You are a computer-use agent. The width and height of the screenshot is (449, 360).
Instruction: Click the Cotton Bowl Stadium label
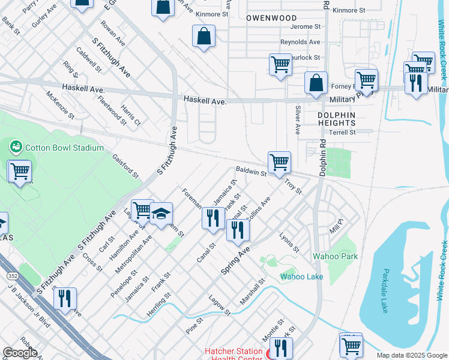(x=64, y=148)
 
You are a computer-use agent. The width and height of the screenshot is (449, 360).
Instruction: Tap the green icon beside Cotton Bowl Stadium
(x=16, y=146)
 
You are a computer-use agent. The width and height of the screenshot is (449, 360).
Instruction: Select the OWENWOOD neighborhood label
(x=271, y=18)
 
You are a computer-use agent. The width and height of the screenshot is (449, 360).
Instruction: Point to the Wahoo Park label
(x=335, y=256)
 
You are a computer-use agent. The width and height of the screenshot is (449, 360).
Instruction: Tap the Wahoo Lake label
(x=301, y=277)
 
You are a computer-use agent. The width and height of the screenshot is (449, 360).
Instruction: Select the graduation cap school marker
(x=161, y=214)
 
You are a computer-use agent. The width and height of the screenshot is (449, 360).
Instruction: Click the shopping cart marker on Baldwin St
(x=279, y=163)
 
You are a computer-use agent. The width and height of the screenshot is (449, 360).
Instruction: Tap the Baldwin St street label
(x=251, y=172)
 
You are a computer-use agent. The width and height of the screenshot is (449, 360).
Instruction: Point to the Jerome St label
(x=305, y=27)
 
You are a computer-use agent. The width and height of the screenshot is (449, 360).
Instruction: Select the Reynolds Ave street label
(x=300, y=43)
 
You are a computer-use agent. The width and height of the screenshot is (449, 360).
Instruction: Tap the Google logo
(x=20, y=353)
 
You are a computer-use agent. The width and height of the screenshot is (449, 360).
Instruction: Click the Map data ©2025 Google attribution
(x=411, y=355)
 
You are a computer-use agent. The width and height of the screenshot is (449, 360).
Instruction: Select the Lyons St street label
(x=289, y=242)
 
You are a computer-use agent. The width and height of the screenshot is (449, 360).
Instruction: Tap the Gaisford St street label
(x=125, y=166)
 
